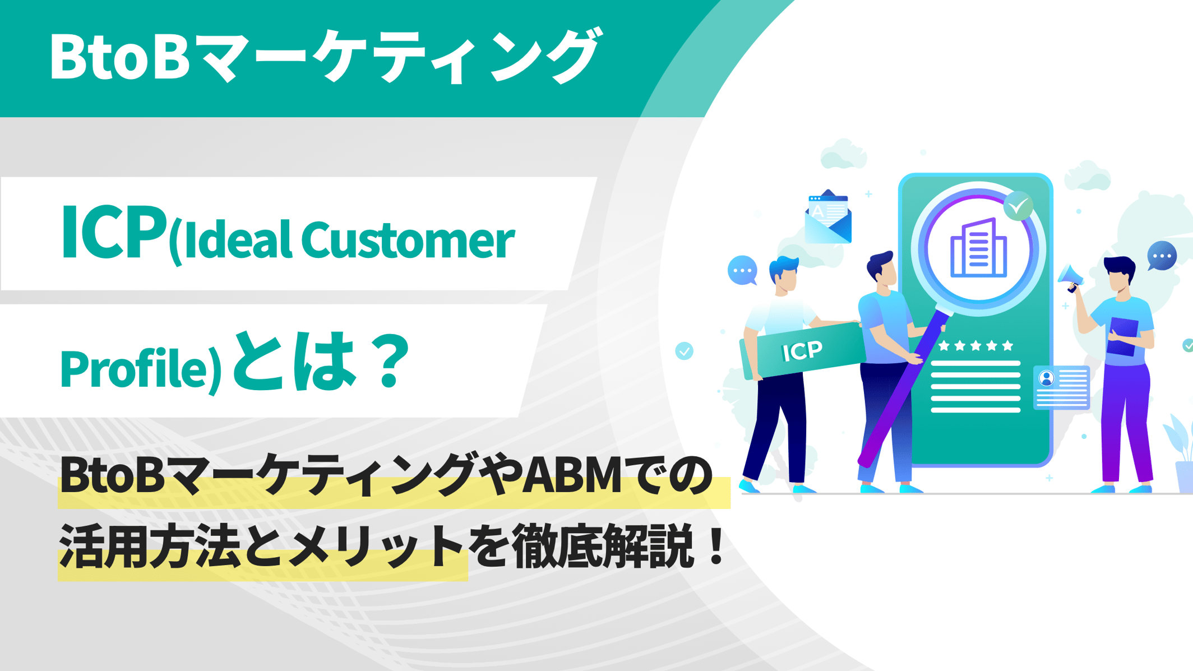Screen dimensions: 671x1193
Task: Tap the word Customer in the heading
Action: (x=408, y=240)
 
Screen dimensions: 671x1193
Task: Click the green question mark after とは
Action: (x=393, y=362)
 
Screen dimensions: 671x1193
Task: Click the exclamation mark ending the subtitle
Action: (x=716, y=547)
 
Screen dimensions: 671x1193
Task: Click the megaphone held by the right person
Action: (x=1071, y=277)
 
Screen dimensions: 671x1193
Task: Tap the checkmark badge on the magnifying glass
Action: (x=1018, y=206)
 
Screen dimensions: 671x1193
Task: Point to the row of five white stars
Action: (x=975, y=346)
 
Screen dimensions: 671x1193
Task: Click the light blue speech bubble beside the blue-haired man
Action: (x=742, y=270)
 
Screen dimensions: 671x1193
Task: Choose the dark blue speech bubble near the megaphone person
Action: (x=1162, y=256)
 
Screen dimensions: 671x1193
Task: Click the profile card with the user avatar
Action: (x=1061, y=387)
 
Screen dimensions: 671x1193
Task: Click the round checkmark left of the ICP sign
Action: (x=684, y=351)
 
